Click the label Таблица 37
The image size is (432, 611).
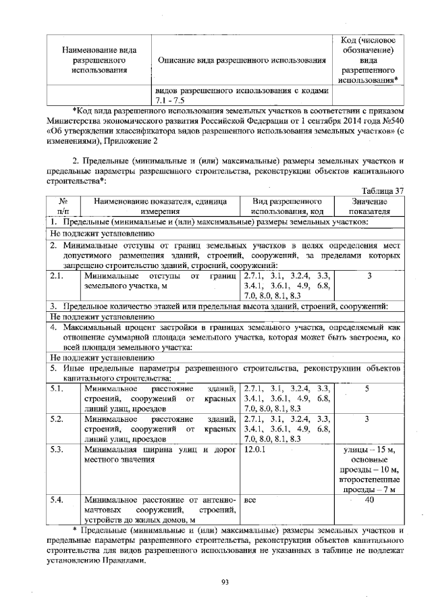(x=383, y=190)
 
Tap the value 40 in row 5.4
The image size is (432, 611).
(x=369, y=500)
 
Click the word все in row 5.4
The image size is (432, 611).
(x=250, y=500)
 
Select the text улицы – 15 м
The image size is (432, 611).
(x=369, y=450)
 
